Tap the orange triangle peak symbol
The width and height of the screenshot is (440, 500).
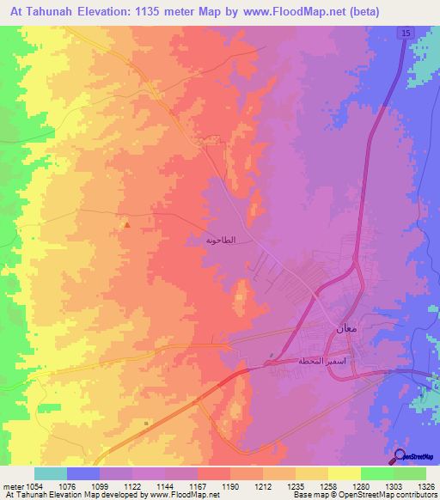(x=127, y=226)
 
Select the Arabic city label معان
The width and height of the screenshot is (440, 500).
(x=336, y=326)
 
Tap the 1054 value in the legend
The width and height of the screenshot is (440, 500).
(x=34, y=485)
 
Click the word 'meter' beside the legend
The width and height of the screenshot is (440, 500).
(x=13, y=485)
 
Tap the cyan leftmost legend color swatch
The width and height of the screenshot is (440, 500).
(x=50, y=473)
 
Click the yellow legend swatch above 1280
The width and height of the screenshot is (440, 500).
(x=344, y=473)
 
